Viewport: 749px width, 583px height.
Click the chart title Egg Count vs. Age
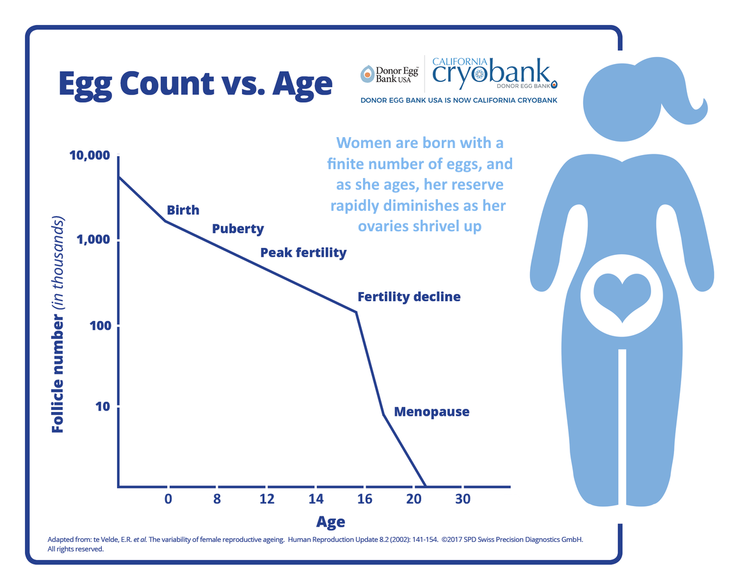click(195, 84)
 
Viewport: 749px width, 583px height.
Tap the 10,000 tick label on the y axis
click(90, 155)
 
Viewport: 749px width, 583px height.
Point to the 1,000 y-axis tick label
click(93, 239)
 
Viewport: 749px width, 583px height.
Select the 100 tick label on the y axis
click(100, 325)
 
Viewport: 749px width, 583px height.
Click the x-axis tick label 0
click(168, 499)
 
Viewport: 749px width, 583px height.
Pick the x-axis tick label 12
click(267, 499)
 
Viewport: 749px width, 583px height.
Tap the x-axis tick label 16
click(364, 499)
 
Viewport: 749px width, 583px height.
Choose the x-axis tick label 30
click(463, 499)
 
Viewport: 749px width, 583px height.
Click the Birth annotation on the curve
click(183, 210)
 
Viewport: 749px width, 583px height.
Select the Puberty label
click(238, 229)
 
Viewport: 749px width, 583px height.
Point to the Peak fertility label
click(303, 253)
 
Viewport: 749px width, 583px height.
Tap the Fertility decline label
click(409, 297)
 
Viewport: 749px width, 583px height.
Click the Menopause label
click(431, 412)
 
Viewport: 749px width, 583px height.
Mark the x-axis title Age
click(330, 522)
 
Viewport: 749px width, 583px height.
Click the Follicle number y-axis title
click(58, 325)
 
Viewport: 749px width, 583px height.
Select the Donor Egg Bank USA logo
click(389, 74)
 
